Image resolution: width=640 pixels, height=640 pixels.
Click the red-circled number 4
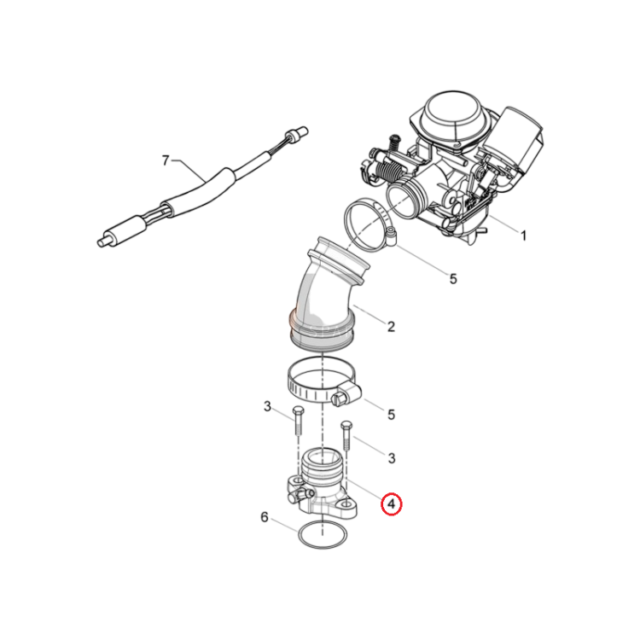(391, 504)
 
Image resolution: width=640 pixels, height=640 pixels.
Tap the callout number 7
(166, 160)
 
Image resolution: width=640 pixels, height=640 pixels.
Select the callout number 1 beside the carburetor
(523, 236)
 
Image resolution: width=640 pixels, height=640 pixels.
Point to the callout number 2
(391, 327)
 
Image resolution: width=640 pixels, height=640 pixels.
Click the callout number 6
(264, 518)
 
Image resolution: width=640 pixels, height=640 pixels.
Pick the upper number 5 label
(453, 279)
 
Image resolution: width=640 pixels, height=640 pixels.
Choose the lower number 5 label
(391, 415)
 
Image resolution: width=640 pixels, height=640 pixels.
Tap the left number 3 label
(267, 406)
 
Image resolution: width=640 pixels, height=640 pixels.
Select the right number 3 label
(392, 458)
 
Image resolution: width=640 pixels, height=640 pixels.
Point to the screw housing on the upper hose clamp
(392, 237)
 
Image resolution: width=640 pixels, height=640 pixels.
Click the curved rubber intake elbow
(326, 294)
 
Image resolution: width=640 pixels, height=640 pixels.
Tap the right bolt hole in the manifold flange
(346, 504)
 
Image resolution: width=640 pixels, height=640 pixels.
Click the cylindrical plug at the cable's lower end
(108, 239)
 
